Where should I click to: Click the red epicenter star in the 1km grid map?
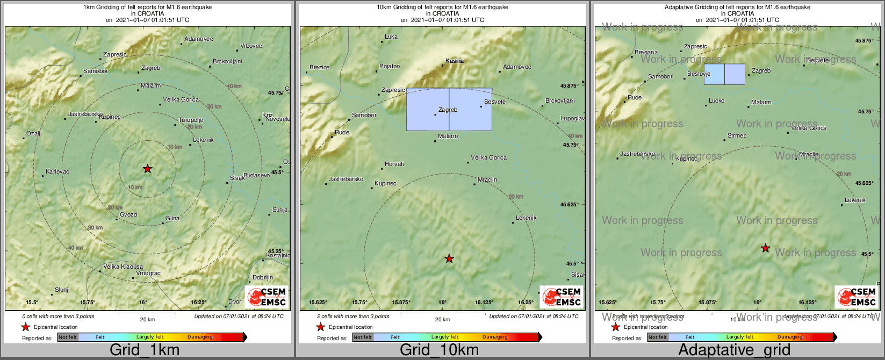point(148,169)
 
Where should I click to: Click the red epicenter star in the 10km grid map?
point(449,259)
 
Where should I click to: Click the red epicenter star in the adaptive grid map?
point(766,248)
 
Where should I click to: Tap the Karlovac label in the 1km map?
point(57,172)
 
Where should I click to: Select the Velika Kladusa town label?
point(123,267)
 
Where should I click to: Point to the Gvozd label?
point(128,215)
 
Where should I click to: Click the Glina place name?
point(172,219)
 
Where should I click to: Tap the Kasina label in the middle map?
point(455,61)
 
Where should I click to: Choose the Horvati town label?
point(394,164)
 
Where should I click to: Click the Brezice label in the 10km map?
point(320,68)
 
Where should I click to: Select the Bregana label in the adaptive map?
point(646,53)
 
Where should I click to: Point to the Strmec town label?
point(737,136)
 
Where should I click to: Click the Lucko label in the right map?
point(716,101)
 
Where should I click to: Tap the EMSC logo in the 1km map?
point(267,297)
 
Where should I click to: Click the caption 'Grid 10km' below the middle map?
point(439,350)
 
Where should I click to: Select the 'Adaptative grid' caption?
point(734,350)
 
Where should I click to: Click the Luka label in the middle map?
point(391,37)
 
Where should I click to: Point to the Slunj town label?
point(62,290)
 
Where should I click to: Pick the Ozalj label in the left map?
point(33,134)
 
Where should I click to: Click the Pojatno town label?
point(390,67)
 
